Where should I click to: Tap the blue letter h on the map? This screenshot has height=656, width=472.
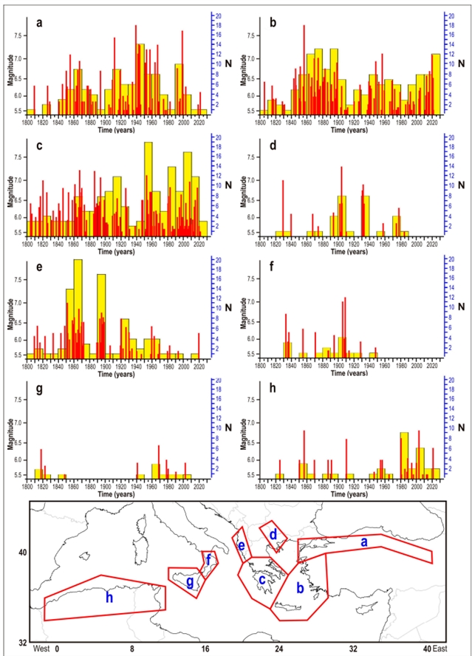[x=109, y=597]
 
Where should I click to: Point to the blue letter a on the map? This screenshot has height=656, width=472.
[x=363, y=541]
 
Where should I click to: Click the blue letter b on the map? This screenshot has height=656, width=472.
[x=299, y=589]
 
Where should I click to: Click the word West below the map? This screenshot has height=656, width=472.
[x=43, y=648]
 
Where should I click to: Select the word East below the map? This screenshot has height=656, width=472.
[x=440, y=648]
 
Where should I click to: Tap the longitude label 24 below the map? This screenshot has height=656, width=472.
[x=278, y=648]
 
